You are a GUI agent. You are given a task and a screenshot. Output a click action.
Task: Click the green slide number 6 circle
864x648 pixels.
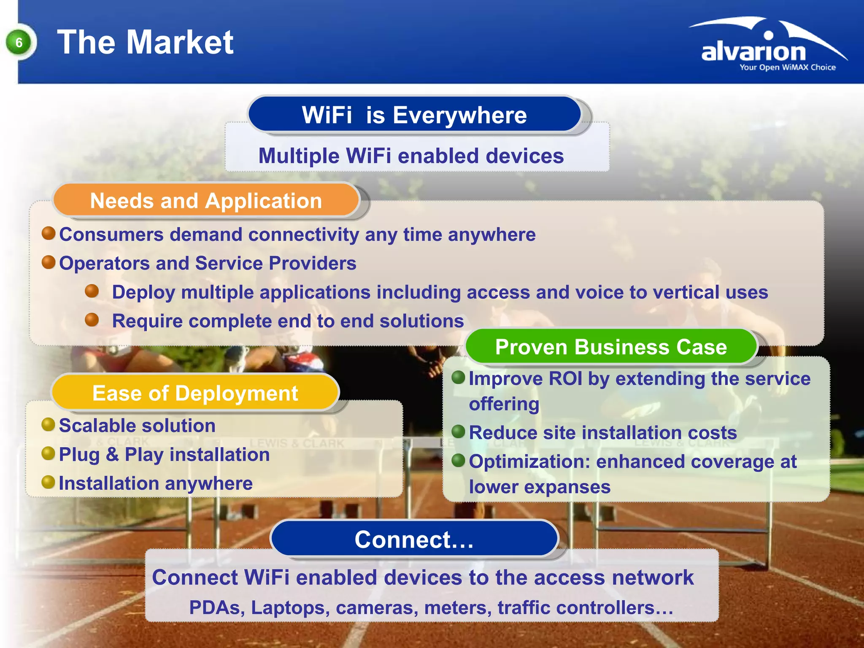pos(19,43)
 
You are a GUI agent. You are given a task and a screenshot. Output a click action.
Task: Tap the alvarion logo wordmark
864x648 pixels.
pos(753,52)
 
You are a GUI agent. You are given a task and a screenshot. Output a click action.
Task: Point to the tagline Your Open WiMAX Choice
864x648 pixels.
pos(787,67)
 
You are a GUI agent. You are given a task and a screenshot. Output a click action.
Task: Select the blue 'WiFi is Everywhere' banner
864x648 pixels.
pos(414,115)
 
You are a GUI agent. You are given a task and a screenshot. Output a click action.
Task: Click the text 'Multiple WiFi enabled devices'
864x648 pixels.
pos(411,156)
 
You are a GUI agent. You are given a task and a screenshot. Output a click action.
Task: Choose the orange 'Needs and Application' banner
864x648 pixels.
pos(206,201)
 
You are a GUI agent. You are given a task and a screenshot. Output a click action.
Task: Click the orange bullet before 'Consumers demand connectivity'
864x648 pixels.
pos(49,233)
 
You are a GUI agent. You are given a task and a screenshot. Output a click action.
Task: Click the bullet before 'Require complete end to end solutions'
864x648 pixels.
pos(92,320)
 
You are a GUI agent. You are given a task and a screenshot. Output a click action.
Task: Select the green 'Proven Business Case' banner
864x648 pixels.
pos(611,347)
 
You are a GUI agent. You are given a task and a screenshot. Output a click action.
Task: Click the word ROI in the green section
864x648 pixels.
pos(565,378)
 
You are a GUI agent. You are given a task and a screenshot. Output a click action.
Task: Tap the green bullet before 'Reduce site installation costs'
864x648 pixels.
pos(458,432)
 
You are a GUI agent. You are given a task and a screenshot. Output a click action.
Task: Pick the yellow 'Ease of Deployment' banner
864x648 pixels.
pos(195,393)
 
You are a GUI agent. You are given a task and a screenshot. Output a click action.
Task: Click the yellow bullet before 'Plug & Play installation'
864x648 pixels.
pos(49,454)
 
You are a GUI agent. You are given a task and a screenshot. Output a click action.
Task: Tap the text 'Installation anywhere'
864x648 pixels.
pos(156,483)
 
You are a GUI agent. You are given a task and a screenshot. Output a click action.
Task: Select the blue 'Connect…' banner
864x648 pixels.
pos(414,539)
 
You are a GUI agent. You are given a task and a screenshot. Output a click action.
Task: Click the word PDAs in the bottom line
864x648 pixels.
pos(216,607)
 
